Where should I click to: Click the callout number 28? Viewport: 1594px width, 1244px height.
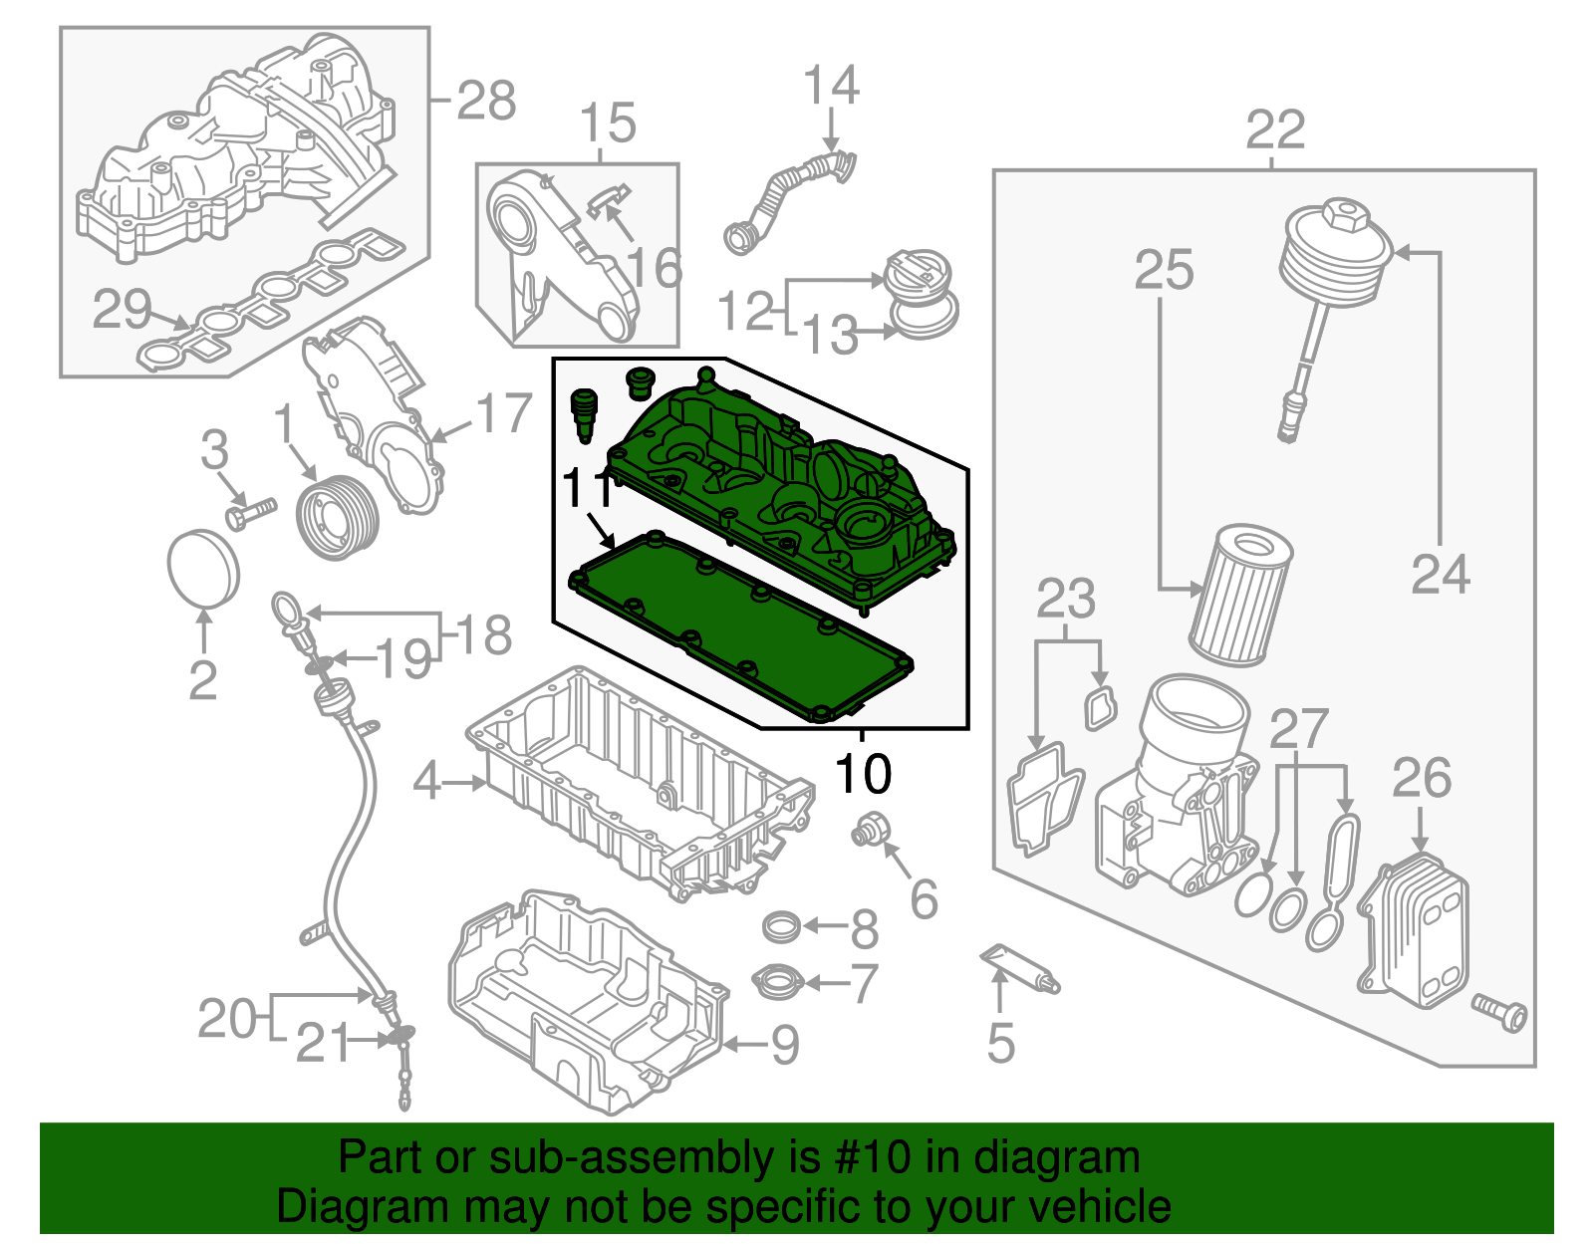click(486, 101)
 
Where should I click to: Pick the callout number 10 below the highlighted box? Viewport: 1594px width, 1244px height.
click(863, 773)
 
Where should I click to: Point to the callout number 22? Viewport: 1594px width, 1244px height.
click(1275, 129)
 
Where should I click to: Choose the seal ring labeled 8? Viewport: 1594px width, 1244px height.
click(781, 927)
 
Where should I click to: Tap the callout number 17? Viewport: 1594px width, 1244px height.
click(504, 412)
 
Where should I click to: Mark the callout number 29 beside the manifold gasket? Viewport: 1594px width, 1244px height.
click(122, 309)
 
